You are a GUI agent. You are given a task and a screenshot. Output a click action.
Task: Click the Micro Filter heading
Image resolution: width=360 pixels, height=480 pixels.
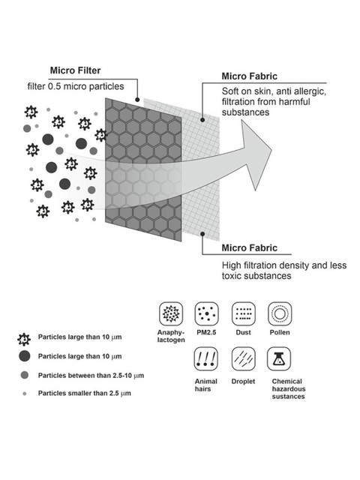[75, 70]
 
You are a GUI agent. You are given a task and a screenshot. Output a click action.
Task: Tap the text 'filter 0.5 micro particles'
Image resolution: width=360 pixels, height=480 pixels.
[76, 86]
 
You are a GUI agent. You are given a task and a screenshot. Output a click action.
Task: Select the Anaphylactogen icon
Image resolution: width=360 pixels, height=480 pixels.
[171, 313]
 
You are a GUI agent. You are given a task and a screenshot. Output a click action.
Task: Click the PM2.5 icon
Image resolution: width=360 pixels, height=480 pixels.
[207, 313]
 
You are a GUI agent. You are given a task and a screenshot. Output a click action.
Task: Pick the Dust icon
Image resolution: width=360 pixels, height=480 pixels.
[243, 313]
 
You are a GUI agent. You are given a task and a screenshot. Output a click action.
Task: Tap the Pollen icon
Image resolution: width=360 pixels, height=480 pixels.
[280, 313]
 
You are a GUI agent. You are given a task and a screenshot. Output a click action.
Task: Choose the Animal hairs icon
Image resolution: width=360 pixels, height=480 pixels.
[206, 358]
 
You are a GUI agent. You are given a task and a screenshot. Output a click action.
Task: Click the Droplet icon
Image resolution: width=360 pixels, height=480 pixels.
[243, 358]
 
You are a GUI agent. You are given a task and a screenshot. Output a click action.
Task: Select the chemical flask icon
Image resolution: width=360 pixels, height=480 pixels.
[279, 358]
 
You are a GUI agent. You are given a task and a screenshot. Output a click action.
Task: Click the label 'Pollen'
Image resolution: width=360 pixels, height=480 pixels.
[280, 332]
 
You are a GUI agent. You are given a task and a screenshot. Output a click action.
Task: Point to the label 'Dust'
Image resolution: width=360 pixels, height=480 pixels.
[243, 332]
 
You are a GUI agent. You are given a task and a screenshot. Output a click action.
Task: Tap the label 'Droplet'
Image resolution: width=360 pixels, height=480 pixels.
[243, 382]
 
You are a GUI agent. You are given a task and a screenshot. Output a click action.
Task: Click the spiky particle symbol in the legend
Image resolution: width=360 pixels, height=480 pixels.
[24, 339]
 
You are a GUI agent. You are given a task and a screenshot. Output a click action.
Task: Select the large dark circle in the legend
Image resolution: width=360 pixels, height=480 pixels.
[25, 356]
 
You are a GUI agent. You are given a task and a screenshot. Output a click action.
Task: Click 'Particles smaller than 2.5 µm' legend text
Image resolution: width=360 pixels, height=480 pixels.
[85, 393]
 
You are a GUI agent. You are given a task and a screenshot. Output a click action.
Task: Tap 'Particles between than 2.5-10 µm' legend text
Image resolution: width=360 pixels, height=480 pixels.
[91, 376]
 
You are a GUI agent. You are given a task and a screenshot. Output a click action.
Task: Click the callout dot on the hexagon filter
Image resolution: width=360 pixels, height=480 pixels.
[137, 100]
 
